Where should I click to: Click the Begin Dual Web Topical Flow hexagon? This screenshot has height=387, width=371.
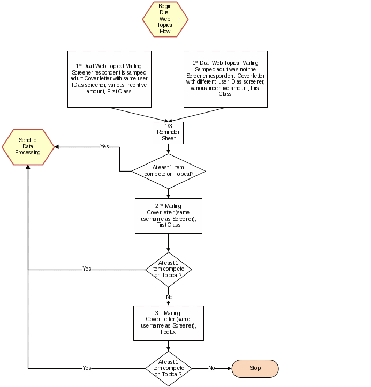[165, 19]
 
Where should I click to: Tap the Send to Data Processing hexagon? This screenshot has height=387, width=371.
[28, 146]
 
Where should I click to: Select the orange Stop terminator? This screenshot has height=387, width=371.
[255, 368]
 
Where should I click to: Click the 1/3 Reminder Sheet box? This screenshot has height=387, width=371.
[169, 132]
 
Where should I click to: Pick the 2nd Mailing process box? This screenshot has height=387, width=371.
[169, 215]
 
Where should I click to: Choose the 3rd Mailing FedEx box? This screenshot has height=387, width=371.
[169, 323]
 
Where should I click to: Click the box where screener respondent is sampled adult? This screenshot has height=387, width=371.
[109, 79]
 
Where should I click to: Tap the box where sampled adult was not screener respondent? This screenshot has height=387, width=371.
[225, 79]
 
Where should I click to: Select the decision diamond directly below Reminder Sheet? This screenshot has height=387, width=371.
[169, 171]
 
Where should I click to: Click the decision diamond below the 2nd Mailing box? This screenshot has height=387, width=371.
[169, 269]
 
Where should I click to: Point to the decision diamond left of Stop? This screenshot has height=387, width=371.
[169, 368]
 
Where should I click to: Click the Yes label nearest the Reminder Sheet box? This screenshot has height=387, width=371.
[105, 146]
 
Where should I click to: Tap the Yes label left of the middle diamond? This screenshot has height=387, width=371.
[87, 269]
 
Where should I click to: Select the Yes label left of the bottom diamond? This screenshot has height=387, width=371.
[87, 368]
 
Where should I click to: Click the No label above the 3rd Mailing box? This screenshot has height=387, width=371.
[169, 297]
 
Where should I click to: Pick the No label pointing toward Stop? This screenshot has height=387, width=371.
[211, 368]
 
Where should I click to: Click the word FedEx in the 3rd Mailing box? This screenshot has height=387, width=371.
[168, 332]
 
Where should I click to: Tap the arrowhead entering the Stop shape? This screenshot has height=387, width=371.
[229, 368]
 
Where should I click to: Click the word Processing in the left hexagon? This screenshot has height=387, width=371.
[28, 152]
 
